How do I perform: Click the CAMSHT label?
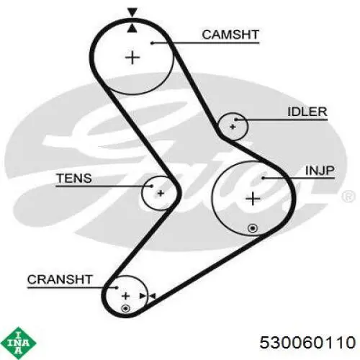[x=230, y=35]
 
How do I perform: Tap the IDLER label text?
[x=307, y=112]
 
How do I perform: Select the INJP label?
[x=320, y=171]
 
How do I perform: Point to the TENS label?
[x=74, y=179]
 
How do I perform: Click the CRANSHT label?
[x=60, y=279]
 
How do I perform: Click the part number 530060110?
[x=307, y=342]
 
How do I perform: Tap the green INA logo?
[x=18, y=343]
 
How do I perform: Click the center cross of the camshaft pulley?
[x=132, y=58]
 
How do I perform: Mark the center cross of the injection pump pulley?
[x=253, y=199]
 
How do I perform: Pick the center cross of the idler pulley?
[x=233, y=127]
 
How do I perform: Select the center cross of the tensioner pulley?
[x=161, y=193]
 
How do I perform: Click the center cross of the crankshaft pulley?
[x=125, y=296]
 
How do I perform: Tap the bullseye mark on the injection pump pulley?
[x=253, y=228]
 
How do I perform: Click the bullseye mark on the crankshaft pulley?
[x=125, y=308]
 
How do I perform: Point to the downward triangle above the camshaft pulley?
[x=132, y=12]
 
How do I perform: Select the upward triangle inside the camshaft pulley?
[x=132, y=28]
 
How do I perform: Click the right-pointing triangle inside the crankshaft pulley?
[x=143, y=296]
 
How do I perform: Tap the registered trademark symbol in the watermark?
[x=348, y=197]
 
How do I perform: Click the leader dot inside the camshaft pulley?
[x=152, y=43]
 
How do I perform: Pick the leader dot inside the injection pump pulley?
[x=263, y=178]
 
